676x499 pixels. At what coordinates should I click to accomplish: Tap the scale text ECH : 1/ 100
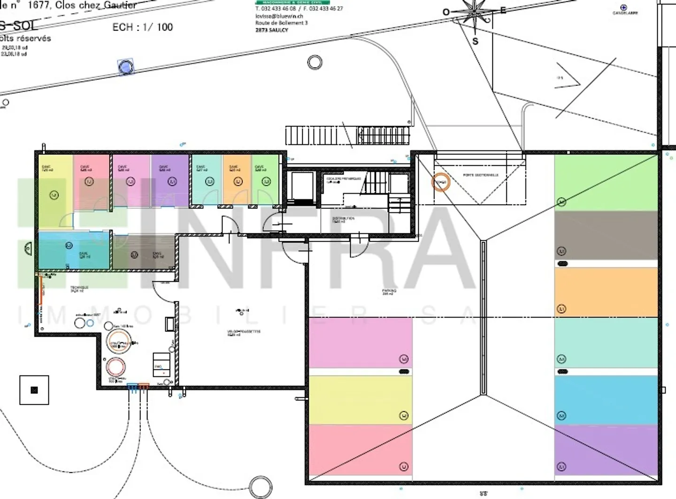click(143, 27)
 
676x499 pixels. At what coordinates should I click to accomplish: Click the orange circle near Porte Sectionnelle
click(440, 182)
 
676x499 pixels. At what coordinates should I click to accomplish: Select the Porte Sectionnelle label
click(481, 175)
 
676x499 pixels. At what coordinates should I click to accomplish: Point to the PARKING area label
click(389, 292)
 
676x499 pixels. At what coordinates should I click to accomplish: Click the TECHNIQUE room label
click(77, 289)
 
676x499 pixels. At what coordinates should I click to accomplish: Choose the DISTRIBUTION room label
click(343, 220)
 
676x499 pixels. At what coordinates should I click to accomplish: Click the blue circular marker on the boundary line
click(125, 67)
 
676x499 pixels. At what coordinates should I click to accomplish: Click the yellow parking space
click(360, 399)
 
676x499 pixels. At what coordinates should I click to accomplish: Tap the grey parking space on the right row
click(606, 235)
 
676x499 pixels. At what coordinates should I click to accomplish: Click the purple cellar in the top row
click(170, 181)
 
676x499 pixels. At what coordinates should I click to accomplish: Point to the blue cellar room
click(74, 250)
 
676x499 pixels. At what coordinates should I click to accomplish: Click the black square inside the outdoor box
click(34, 390)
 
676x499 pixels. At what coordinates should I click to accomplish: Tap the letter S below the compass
click(475, 41)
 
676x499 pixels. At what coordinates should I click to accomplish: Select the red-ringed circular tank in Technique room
click(115, 367)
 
